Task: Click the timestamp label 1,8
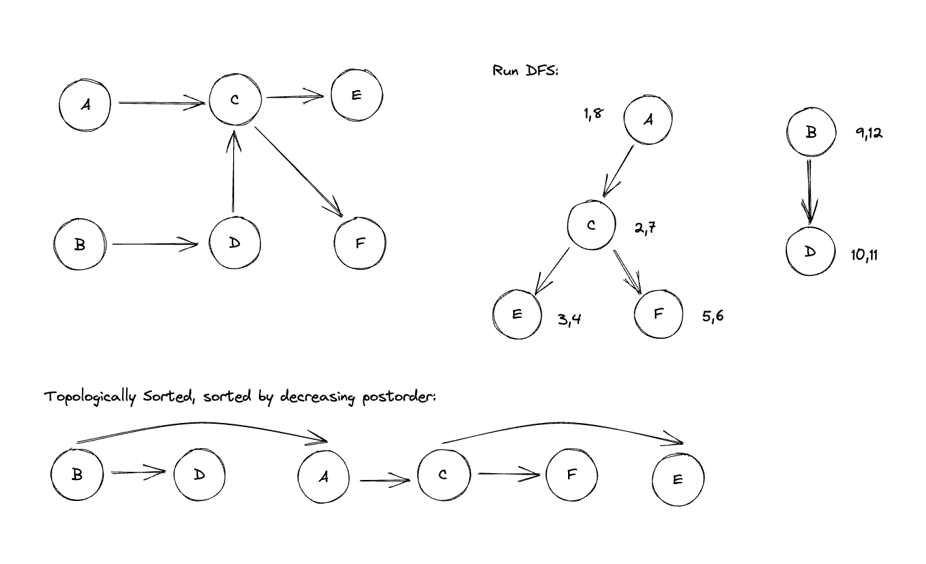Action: coord(592,115)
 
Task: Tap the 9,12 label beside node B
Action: coord(869,134)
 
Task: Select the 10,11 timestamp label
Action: coord(864,255)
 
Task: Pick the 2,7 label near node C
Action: coord(645,228)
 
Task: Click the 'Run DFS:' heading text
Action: coord(525,71)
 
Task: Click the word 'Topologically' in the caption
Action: coord(83,397)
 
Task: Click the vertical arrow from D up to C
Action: coord(234,173)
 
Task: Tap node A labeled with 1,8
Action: coord(648,120)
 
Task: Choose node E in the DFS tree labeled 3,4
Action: coord(517,314)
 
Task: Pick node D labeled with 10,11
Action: coord(811,251)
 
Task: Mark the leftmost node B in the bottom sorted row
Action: coord(77,475)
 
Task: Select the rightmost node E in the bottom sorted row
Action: coord(678,479)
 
